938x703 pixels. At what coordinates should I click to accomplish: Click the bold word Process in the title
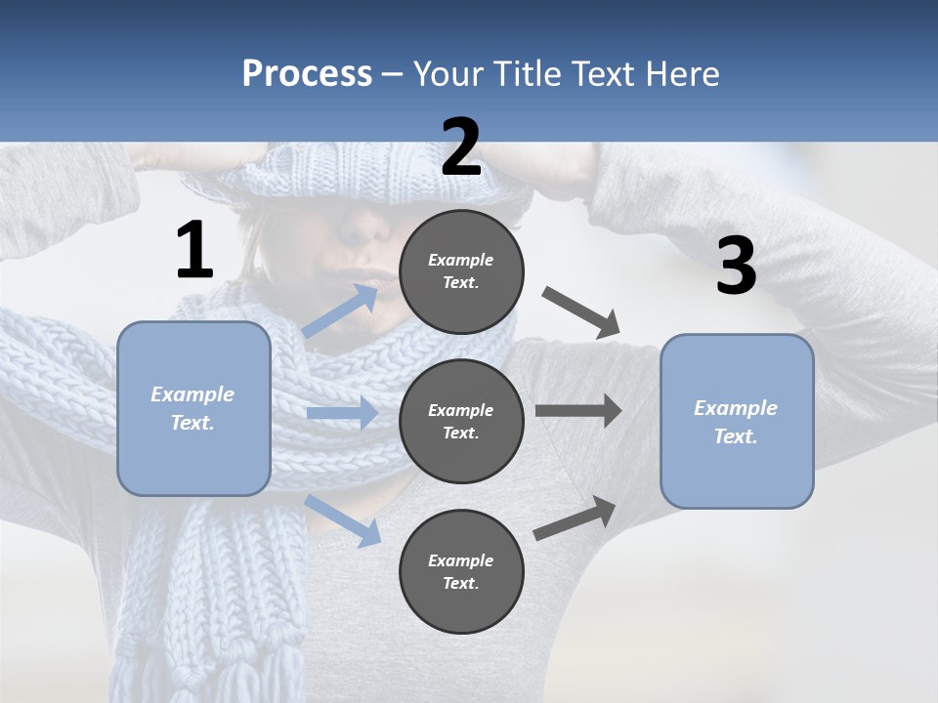pos(307,74)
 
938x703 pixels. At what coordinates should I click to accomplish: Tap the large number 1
pos(194,250)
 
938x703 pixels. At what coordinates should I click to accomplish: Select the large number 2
pos(461,147)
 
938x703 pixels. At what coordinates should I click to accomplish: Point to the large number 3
pos(736,266)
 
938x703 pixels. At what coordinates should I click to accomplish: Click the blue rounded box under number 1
pos(193,408)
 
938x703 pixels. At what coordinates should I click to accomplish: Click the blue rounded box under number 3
pos(737,421)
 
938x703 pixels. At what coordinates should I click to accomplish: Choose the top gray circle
pos(461,271)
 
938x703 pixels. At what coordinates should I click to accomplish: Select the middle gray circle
pos(461,421)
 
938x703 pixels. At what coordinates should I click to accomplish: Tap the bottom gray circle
pos(461,571)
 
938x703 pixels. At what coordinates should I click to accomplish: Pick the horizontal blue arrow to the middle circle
pos(342,413)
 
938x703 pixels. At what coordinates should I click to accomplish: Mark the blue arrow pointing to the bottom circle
pos(343,520)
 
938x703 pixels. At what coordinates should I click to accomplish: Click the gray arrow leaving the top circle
pos(580,311)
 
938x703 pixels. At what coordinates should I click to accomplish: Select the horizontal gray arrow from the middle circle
pos(577,410)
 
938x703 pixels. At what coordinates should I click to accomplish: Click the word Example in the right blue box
pos(736,408)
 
